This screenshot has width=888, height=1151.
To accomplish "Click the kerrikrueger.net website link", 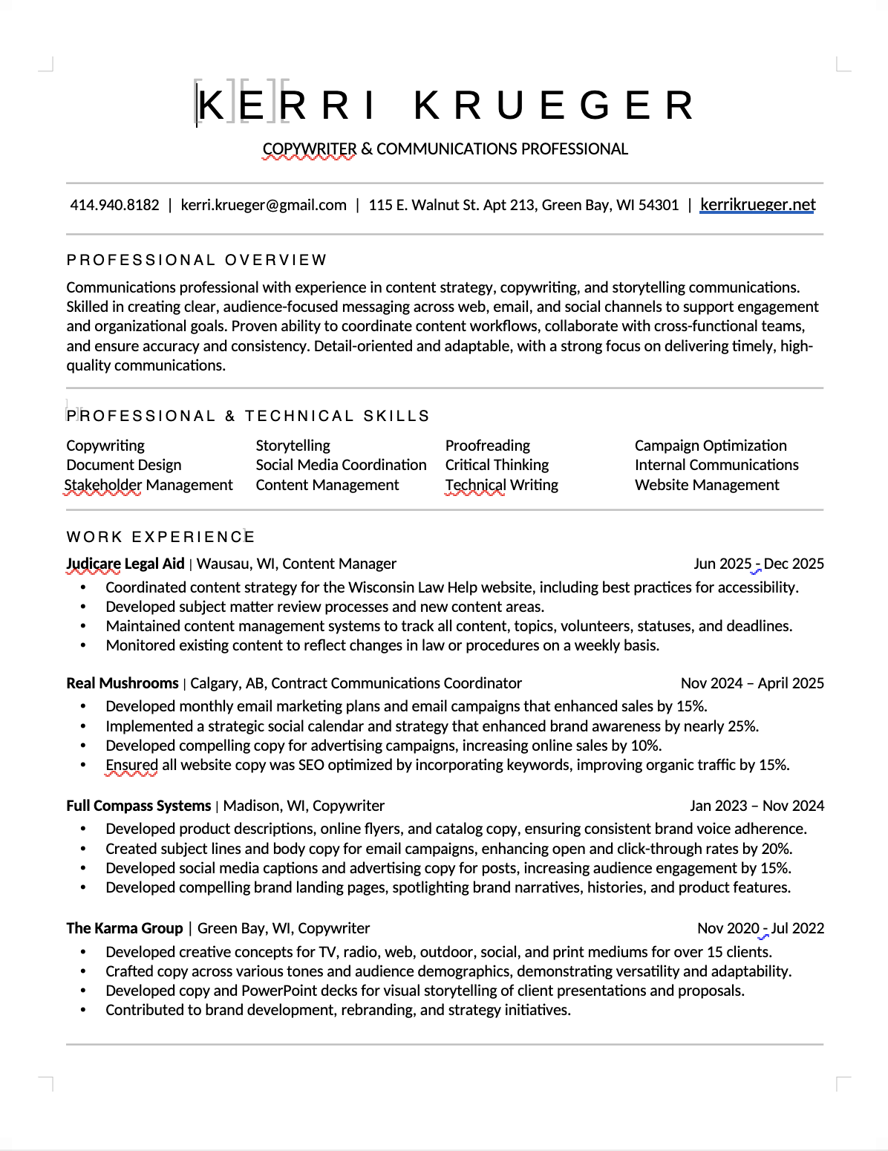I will [x=757, y=205].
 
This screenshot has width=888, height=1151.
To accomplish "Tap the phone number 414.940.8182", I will [x=114, y=206].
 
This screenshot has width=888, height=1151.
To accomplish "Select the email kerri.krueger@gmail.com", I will [x=264, y=206].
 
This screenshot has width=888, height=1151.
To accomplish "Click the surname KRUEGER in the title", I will [x=554, y=105].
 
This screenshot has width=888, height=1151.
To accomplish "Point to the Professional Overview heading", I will [x=197, y=260].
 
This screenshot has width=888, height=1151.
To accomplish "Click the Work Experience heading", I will [x=160, y=537].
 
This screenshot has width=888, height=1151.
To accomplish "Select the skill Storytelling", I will [x=293, y=446].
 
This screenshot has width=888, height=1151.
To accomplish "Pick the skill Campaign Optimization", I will [x=711, y=446].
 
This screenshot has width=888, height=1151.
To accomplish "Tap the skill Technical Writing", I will [x=501, y=485].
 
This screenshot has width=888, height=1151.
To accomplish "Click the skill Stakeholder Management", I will [x=148, y=485].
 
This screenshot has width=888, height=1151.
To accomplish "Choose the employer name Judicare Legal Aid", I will [x=125, y=564].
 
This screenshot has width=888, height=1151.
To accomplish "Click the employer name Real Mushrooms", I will [x=123, y=683].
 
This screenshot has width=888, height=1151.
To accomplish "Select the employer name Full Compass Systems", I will [x=138, y=806].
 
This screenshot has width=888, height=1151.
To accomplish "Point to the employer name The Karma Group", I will [x=124, y=928].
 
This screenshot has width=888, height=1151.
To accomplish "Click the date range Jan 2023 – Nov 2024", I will [x=757, y=806].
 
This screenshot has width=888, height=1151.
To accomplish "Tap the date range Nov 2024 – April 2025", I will [x=752, y=683].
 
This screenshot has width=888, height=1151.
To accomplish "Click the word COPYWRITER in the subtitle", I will [x=310, y=149].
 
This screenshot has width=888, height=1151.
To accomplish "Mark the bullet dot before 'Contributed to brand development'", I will [x=83, y=1010].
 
